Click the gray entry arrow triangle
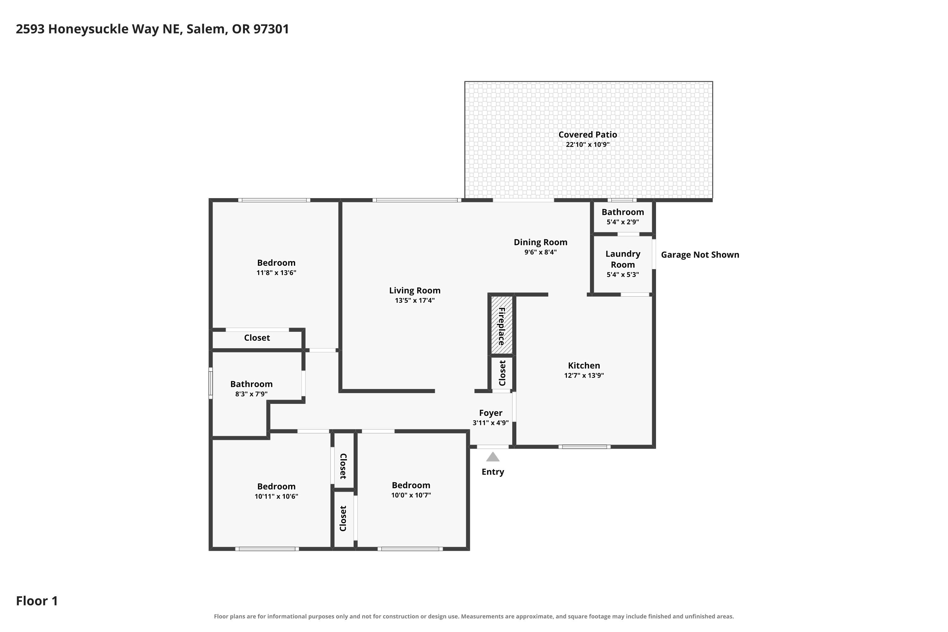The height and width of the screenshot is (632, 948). (x=493, y=457)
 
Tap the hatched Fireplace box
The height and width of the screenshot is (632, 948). (x=501, y=325)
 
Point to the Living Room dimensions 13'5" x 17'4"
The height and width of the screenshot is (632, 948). (x=415, y=300)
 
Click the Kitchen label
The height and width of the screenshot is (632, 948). (x=584, y=366)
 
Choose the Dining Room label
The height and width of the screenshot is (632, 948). (x=540, y=242)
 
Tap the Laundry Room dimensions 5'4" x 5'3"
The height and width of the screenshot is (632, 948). (x=623, y=275)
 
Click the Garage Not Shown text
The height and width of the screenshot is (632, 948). (x=700, y=255)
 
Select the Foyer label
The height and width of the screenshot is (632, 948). (x=490, y=413)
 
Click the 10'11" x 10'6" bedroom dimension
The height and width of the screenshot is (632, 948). (x=276, y=496)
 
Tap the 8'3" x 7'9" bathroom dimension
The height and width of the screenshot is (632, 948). (x=252, y=394)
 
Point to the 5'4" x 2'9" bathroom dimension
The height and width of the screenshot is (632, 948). (x=623, y=222)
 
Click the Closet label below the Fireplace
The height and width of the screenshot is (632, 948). (x=502, y=373)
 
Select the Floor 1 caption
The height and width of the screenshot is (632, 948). (x=37, y=601)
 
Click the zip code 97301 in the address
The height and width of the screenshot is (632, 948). (x=271, y=29)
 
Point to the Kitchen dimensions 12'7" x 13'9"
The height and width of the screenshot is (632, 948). (x=584, y=376)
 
